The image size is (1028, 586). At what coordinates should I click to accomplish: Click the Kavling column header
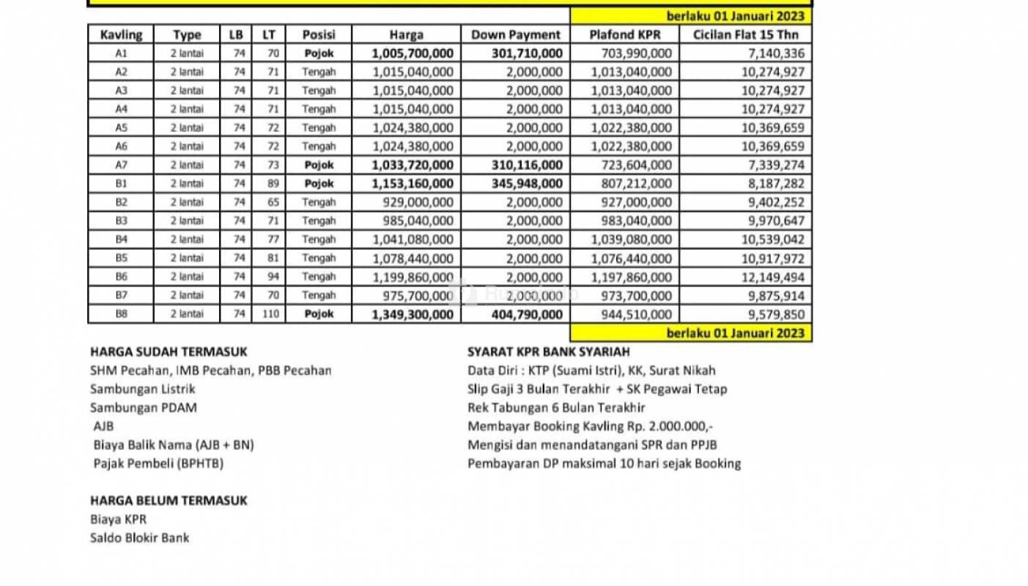pyautogui.click(x=121, y=34)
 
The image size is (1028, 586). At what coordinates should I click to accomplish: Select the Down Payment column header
pyautogui.click(x=516, y=34)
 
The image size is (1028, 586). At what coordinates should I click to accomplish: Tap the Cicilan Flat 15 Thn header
pyautogui.click(x=746, y=34)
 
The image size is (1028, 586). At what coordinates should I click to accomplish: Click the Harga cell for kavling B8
pyautogui.click(x=413, y=314)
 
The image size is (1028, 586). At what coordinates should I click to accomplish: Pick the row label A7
pyautogui.click(x=121, y=165)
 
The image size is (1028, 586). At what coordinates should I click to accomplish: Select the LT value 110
pyautogui.click(x=269, y=314)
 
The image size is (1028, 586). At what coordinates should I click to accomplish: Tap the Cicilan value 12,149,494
pyautogui.click(x=772, y=277)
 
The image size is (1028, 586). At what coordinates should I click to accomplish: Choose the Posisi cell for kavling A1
pyautogui.click(x=319, y=53)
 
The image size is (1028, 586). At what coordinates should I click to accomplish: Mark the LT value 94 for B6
pyautogui.click(x=269, y=277)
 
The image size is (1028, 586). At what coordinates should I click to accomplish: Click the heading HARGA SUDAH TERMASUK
pyautogui.click(x=169, y=352)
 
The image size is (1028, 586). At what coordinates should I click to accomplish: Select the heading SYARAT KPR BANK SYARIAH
pyautogui.click(x=548, y=352)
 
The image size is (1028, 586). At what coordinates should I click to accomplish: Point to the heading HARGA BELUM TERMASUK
pyautogui.click(x=169, y=500)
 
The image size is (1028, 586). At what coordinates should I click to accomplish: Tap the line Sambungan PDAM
pyautogui.click(x=143, y=407)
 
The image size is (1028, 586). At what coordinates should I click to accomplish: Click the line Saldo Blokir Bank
pyautogui.click(x=139, y=538)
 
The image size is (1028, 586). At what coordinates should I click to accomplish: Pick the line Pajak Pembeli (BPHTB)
pyautogui.click(x=158, y=463)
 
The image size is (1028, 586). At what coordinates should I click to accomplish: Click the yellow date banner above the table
pyautogui.click(x=690, y=15)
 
